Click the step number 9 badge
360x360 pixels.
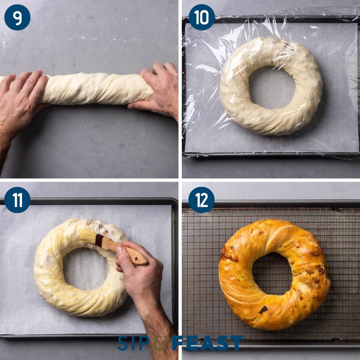coord(17,17)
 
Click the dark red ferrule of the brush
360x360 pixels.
coord(99,240)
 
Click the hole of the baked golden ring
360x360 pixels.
coord(271,274)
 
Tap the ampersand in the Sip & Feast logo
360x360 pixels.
coord(160,343)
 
